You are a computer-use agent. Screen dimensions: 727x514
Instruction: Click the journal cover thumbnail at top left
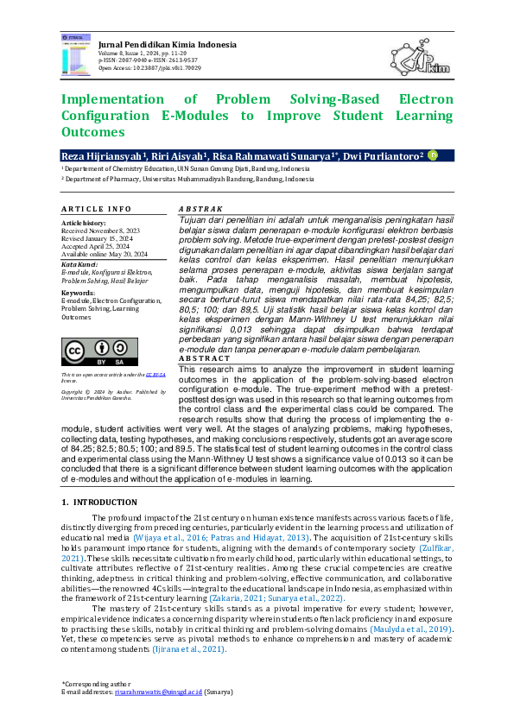point(76,53)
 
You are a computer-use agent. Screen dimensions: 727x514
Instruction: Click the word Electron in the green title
point(423,98)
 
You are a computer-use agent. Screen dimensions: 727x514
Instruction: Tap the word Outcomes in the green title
point(92,132)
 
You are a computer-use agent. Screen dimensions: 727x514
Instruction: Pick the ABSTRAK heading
point(200,209)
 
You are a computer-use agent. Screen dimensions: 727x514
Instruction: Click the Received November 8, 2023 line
point(98,231)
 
